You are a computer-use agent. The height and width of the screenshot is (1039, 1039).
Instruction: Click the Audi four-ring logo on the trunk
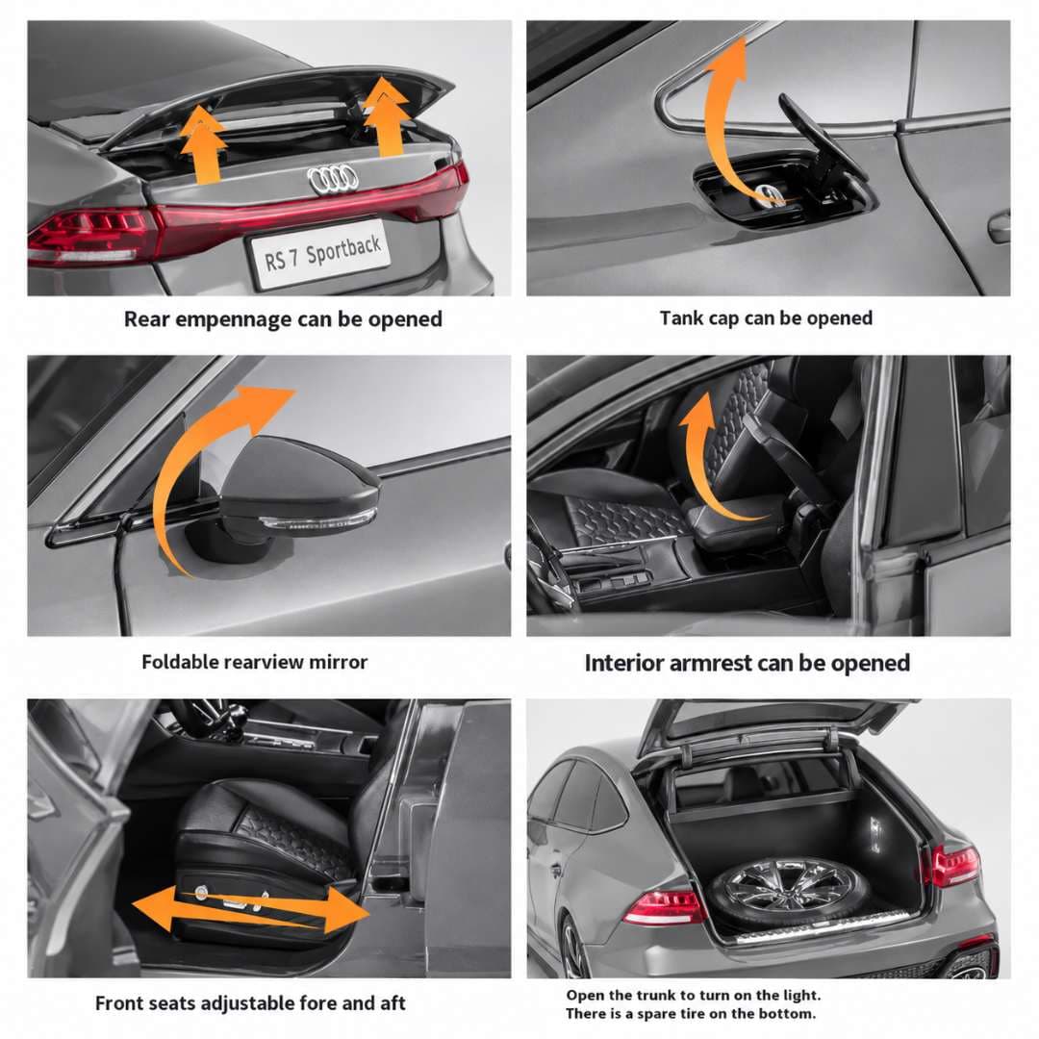[x=333, y=180]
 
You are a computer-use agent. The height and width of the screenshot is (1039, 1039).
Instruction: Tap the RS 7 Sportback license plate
[x=321, y=254]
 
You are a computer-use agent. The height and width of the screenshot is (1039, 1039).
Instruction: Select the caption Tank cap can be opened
[x=766, y=318]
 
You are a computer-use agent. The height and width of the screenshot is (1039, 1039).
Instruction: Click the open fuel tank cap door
[x=822, y=142]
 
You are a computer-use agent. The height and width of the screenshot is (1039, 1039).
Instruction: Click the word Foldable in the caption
[x=180, y=661]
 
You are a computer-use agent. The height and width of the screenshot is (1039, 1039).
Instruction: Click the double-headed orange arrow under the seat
[x=250, y=909]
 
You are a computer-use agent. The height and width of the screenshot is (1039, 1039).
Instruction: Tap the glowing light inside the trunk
[x=874, y=832]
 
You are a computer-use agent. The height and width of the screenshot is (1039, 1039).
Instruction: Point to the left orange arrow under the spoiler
[x=204, y=143]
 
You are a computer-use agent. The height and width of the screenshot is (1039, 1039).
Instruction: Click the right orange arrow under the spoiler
[x=386, y=116]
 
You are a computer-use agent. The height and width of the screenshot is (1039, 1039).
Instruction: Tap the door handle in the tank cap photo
[x=1000, y=227]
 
